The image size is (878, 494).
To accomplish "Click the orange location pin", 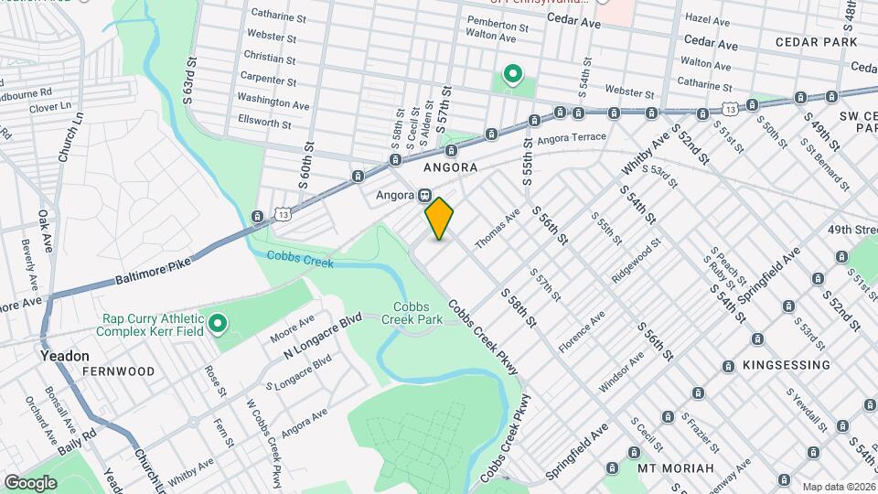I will pos(440,219).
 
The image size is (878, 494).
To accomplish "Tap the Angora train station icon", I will pos(425,196).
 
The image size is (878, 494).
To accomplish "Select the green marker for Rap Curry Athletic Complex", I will pos(218,323).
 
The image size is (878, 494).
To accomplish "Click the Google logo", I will pos(30,482).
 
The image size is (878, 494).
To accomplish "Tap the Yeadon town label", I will pos(64,355).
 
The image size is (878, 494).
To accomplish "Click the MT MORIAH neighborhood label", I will pos(675,468).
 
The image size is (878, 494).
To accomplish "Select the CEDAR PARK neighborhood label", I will pos(816,42).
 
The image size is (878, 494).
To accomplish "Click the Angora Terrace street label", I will pos(572,138).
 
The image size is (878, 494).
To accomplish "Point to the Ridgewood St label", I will pos(637,262).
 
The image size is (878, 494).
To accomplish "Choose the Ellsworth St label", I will pos(263,123).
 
